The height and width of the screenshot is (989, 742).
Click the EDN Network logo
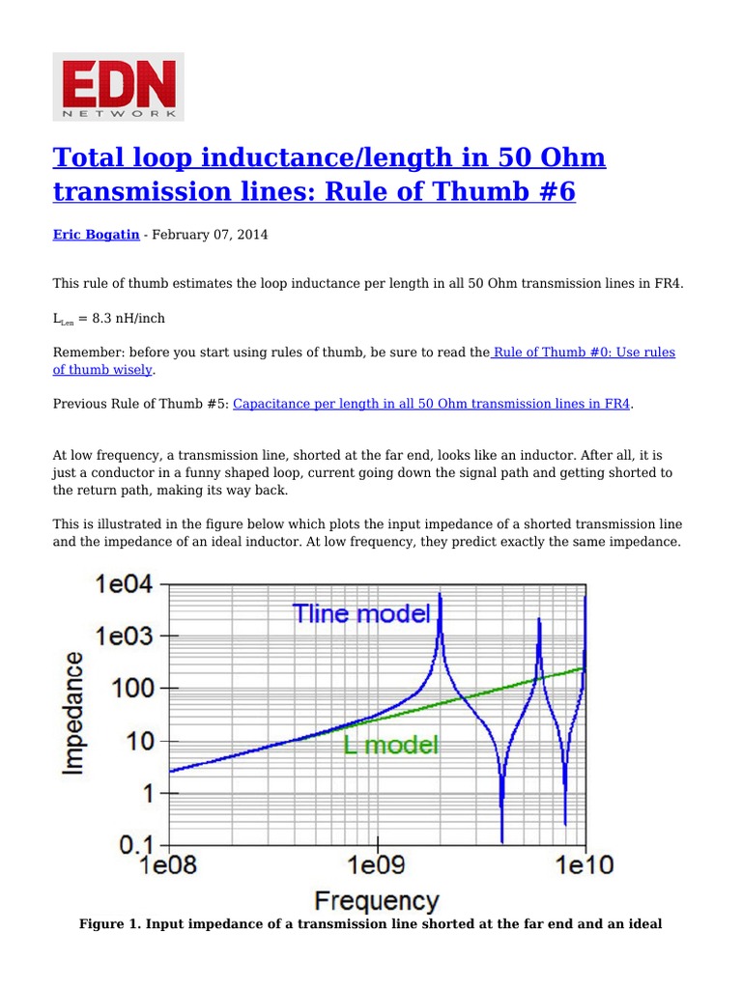click(118, 87)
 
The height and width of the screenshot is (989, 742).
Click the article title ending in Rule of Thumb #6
click(328, 175)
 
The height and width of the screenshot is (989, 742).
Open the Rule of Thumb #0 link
click(584, 353)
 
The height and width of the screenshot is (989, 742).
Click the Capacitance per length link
click(432, 404)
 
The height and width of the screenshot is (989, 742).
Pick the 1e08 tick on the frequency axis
click(170, 865)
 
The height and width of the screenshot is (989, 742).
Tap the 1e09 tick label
click(378, 865)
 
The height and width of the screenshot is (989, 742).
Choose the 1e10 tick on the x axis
click(583, 865)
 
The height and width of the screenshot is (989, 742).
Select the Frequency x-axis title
click(377, 901)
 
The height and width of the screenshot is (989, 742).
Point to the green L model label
click(390, 745)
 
